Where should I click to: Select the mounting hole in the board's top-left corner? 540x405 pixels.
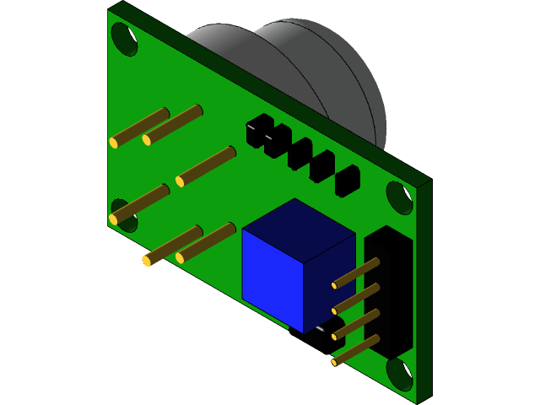click(124, 39)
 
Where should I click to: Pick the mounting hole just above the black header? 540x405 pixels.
click(399, 197)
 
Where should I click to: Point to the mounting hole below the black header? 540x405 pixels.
click(399, 373)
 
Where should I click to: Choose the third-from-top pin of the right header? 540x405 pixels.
click(355, 324)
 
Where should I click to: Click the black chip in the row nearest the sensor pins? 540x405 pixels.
click(259, 131)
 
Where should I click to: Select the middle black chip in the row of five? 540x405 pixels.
click(300, 154)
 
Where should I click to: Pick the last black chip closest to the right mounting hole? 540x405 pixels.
click(348, 181)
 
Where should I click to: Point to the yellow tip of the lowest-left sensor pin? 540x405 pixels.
click(147, 261)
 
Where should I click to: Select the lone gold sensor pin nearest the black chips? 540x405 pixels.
click(207, 165)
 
